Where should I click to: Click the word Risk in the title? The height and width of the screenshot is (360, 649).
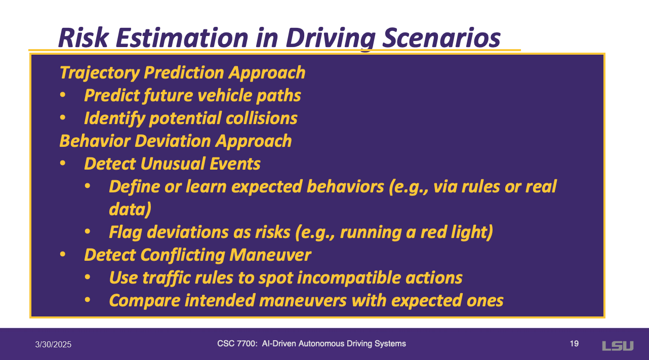84,37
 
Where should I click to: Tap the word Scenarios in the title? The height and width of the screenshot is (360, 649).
441,37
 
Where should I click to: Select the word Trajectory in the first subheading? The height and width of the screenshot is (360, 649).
100,72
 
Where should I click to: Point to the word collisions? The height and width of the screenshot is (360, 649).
261,118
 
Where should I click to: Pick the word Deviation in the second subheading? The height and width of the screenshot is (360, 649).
173,141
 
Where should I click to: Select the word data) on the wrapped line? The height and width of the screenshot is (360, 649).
130,209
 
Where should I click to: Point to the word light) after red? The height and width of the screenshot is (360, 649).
472,232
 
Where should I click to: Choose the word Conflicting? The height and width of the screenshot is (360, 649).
183,255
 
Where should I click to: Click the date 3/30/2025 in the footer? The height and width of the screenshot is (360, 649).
53,344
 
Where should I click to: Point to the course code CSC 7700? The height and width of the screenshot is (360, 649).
237,343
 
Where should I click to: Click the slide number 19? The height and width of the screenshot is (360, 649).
574,343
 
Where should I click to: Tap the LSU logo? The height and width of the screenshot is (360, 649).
618,346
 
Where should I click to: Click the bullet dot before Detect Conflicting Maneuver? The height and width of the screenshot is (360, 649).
63,254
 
